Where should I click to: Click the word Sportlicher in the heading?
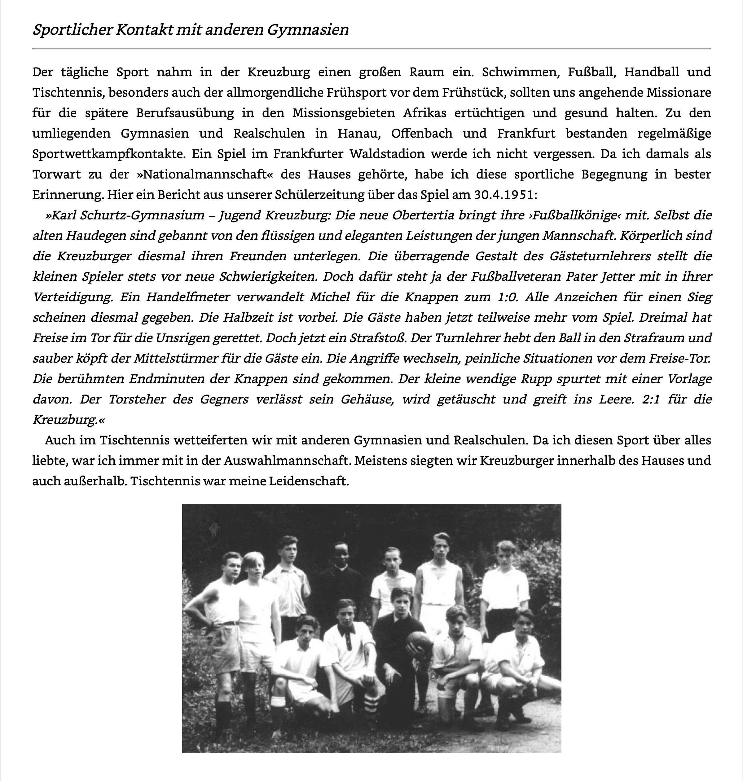tap(72, 30)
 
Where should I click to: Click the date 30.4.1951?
tap(503, 195)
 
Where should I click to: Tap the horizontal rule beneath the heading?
tap(372, 49)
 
